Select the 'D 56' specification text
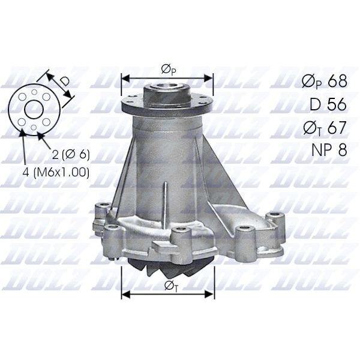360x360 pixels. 328,104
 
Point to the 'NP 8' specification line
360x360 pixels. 328,149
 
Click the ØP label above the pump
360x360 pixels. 169,70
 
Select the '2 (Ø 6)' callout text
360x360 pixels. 71,154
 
